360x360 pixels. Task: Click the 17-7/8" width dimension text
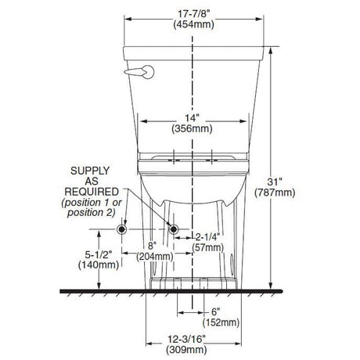pos(193,14)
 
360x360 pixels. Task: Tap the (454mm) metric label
pos(193,24)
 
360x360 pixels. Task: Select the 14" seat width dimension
pos(192,118)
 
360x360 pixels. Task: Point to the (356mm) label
pos(192,129)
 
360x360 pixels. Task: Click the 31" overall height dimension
pos(275,182)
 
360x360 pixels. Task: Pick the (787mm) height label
pos(275,193)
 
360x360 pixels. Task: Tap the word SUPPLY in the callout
pos(90,171)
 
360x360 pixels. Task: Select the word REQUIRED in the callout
pos(92,192)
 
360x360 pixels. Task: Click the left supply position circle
pos(121,229)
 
